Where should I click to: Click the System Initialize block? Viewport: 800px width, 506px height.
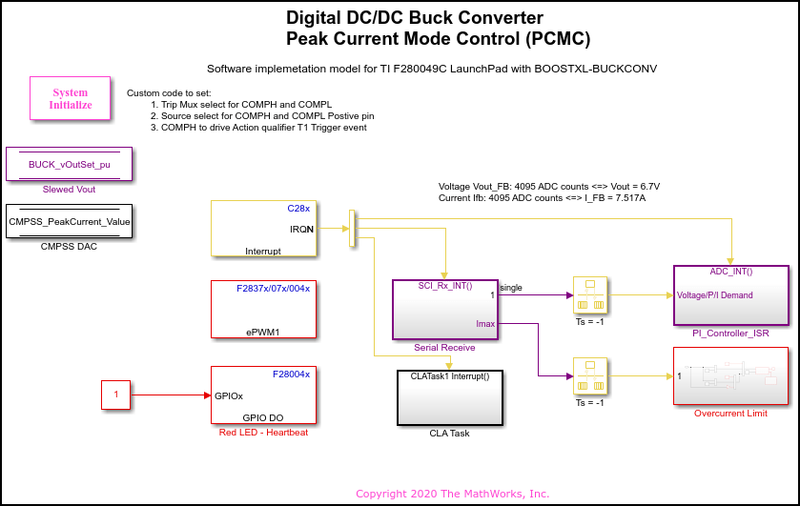pos(72,99)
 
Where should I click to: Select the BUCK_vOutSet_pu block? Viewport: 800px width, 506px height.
pos(70,164)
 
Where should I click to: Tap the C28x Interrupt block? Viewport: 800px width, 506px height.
pos(264,229)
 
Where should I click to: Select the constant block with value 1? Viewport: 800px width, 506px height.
pos(116,395)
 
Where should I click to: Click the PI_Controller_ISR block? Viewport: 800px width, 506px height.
pos(730,295)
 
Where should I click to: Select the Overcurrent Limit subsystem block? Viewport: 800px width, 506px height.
pos(730,376)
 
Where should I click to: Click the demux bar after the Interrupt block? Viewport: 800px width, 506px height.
pos(353,229)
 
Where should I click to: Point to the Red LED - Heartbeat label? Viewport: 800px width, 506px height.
pos(264,433)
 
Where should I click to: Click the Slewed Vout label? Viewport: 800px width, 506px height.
pos(70,190)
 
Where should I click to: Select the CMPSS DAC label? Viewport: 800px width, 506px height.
pos(70,247)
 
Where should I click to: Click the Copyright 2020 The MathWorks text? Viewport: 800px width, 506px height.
pos(452,494)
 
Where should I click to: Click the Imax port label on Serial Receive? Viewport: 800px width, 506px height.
pos(486,325)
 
